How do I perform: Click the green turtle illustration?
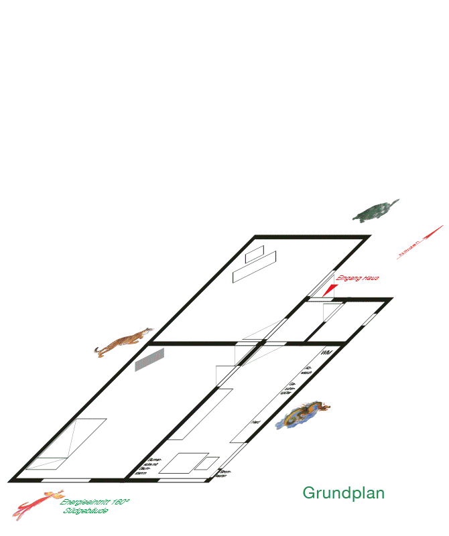(x=375, y=212)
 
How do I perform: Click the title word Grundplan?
(x=343, y=493)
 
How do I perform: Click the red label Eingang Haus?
(x=358, y=279)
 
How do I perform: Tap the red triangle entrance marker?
(x=330, y=289)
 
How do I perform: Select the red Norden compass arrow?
(x=421, y=243)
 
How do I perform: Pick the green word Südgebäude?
(x=86, y=511)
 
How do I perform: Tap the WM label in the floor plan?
(x=326, y=352)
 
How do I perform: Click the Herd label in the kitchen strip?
(x=255, y=423)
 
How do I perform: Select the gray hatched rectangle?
(x=149, y=360)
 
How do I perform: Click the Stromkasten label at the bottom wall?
(x=225, y=474)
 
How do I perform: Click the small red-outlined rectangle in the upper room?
(x=255, y=255)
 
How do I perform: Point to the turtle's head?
(x=396, y=201)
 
